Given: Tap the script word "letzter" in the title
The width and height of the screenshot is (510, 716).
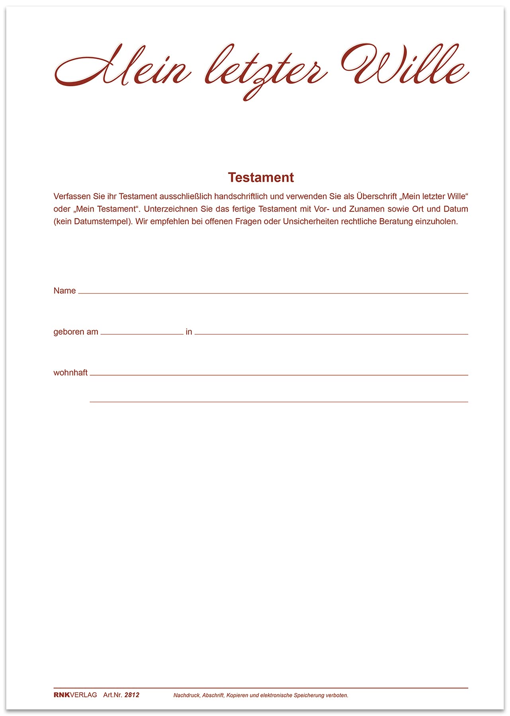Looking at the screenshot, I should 266,70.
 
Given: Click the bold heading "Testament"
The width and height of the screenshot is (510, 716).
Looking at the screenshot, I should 261,177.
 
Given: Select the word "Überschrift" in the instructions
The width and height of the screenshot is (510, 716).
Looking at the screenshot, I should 377,197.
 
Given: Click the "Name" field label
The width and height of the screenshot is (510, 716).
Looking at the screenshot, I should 64,291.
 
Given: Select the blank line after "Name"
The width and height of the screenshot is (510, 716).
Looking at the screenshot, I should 273,293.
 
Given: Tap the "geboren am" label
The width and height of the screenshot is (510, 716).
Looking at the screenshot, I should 76,332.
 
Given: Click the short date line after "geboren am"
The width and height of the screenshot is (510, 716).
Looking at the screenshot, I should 142,334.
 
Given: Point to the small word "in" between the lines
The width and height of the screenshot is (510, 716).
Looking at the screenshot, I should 189,332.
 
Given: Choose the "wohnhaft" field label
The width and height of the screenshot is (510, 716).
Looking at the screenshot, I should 70,373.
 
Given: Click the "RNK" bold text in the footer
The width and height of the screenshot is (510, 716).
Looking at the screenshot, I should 61,695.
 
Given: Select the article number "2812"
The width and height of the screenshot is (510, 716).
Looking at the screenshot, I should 132,695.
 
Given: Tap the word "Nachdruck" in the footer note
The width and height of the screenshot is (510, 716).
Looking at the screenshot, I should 186,695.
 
